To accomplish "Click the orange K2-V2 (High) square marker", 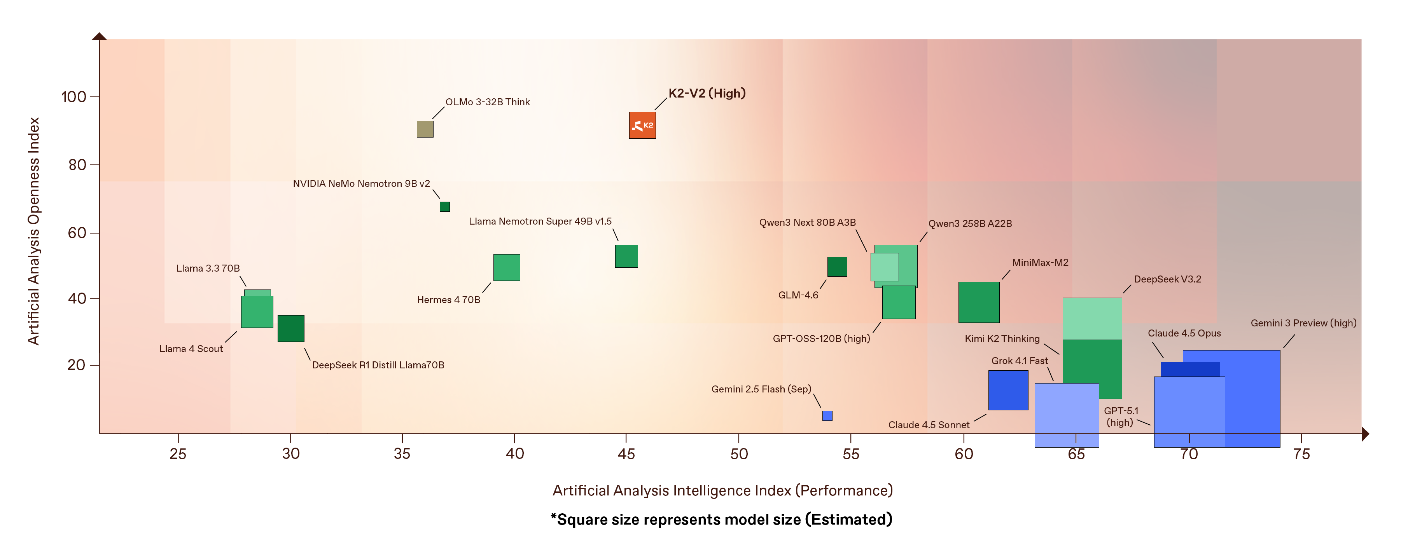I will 642,125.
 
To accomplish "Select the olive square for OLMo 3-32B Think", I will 425,129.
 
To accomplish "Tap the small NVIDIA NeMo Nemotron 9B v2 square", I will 444,206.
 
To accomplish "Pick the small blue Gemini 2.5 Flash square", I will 827,415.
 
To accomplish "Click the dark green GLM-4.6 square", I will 837,267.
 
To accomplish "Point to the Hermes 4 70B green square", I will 506,268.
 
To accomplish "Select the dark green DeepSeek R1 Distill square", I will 291,328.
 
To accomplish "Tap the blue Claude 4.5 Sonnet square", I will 1008,390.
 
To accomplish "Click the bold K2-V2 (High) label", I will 707,93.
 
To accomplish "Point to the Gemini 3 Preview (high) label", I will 1303,323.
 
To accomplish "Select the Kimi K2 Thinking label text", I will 1002,338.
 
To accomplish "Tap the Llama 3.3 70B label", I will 208,268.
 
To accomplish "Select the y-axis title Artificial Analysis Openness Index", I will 34,231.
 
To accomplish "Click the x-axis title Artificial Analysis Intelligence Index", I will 722,490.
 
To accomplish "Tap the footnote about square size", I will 721,519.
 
